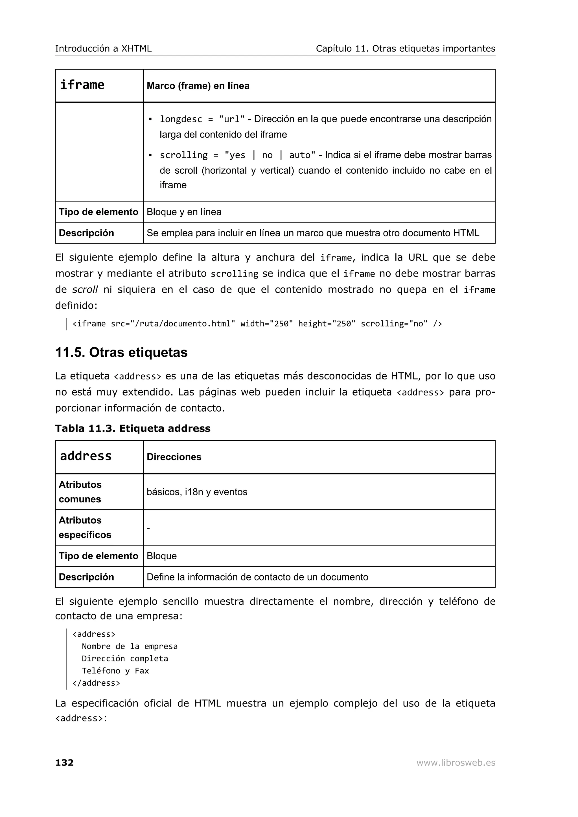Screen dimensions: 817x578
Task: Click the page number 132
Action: click(x=64, y=763)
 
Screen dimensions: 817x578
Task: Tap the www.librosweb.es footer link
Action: click(x=456, y=763)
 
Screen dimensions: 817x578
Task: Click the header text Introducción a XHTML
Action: click(x=103, y=48)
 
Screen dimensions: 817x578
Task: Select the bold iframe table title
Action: click(x=82, y=85)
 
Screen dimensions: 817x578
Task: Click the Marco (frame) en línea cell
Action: click(x=198, y=86)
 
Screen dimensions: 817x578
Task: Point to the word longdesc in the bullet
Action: click(x=181, y=119)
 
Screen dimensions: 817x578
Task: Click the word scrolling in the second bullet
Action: click(x=183, y=155)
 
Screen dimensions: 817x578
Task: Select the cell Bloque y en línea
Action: click(x=184, y=212)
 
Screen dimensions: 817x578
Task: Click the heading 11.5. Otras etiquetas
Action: click(x=121, y=352)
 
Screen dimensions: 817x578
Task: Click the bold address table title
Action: click(x=86, y=456)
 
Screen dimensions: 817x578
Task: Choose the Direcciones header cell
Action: click(x=174, y=457)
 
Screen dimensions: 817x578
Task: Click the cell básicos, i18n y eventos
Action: click(x=197, y=492)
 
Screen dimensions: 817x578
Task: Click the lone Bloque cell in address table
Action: click(x=162, y=556)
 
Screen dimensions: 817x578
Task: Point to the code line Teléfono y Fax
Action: click(x=115, y=671)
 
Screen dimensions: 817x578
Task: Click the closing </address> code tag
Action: click(x=96, y=683)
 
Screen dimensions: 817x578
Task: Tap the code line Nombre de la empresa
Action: click(x=130, y=646)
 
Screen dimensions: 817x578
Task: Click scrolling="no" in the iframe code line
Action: click(x=394, y=324)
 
